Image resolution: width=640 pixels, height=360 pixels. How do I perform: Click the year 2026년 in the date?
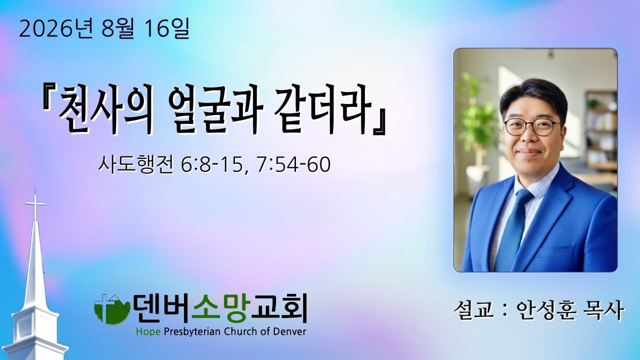(x=55, y=29)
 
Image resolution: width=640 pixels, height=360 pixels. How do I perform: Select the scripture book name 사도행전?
(x=136, y=164)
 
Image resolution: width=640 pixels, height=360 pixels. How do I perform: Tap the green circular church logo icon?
(x=112, y=309)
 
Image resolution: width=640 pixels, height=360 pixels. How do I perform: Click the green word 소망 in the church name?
(x=219, y=308)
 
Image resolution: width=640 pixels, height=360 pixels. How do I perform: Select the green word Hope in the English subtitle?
(x=150, y=331)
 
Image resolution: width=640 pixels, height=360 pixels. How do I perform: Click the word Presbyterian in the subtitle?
(x=194, y=332)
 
